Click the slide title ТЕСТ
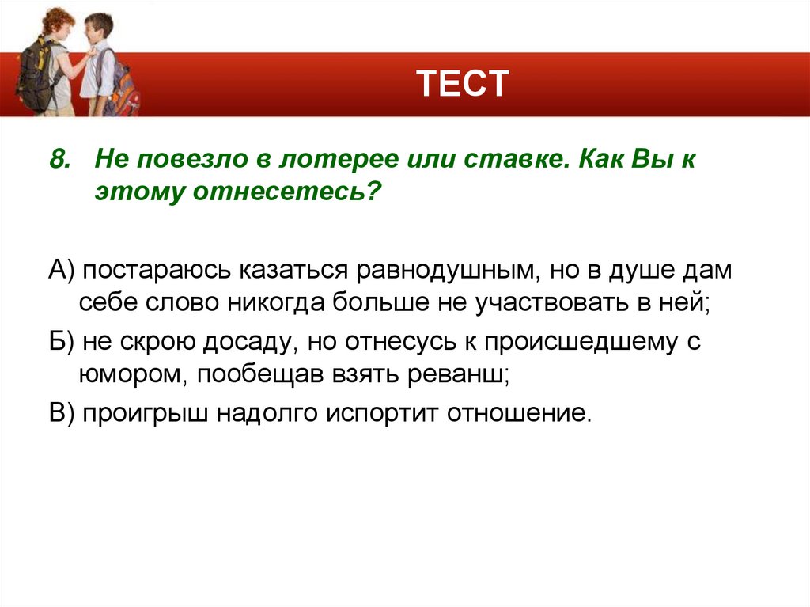(463, 84)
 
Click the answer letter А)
(60, 270)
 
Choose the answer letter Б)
(60, 343)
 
